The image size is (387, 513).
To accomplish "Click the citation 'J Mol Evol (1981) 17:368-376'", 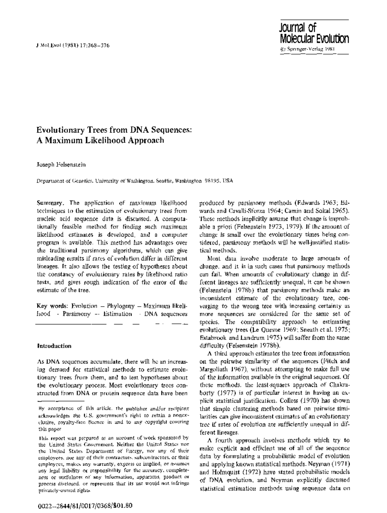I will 73,45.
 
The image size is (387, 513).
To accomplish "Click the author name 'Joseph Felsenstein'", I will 61,164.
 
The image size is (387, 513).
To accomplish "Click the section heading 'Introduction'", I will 54,346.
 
